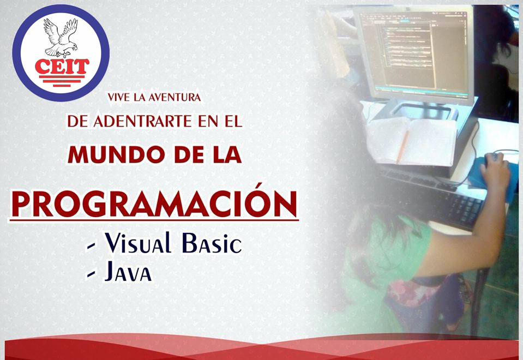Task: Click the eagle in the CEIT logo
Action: pyautogui.click(x=61, y=38)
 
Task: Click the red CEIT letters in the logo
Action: pyautogui.click(x=62, y=67)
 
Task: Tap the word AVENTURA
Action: pyautogui.click(x=175, y=98)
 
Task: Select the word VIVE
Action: pyautogui.click(x=119, y=98)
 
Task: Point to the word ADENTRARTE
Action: pyautogui.click(x=142, y=121)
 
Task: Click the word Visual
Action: pyautogui.click(x=138, y=243)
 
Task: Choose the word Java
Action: pyautogui.click(x=128, y=272)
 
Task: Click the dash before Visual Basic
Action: pyautogui.click(x=91, y=247)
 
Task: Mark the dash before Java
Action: pyautogui.click(x=91, y=274)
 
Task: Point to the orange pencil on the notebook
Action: pyautogui.click(x=402, y=147)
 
